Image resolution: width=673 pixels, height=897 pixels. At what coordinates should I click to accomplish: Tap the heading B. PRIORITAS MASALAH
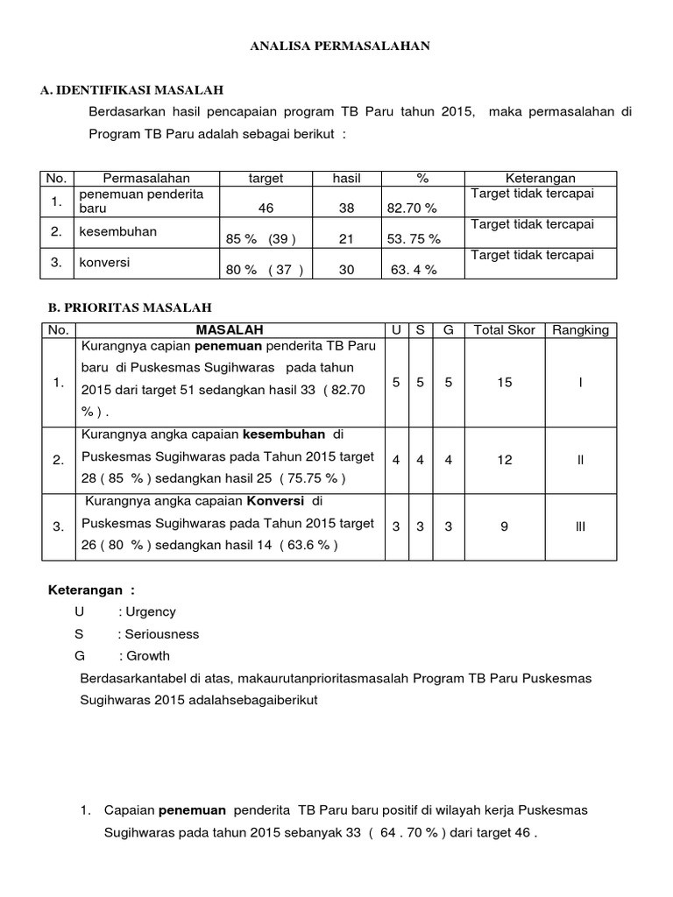click(x=129, y=307)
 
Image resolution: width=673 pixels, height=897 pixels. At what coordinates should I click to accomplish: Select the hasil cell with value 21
click(x=346, y=239)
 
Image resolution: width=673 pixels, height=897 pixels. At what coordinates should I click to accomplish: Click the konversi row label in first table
click(x=102, y=262)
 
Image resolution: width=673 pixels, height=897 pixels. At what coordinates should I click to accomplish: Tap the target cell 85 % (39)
click(x=261, y=239)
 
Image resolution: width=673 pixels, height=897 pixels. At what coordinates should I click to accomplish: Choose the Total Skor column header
click(x=504, y=330)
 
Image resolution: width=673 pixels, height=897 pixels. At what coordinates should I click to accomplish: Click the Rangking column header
click(x=580, y=330)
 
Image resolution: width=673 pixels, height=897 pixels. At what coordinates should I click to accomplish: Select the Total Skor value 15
click(x=504, y=383)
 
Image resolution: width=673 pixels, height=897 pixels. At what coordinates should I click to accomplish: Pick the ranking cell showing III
click(x=580, y=526)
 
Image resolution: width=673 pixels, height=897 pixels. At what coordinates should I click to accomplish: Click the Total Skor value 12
click(x=504, y=460)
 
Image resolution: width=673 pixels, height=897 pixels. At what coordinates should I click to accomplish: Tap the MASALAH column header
click(x=229, y=330)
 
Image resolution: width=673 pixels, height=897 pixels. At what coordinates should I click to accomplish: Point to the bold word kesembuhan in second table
click(x=284, y=435)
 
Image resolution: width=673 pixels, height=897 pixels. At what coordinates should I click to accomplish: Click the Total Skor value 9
click(x=504, y=526)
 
